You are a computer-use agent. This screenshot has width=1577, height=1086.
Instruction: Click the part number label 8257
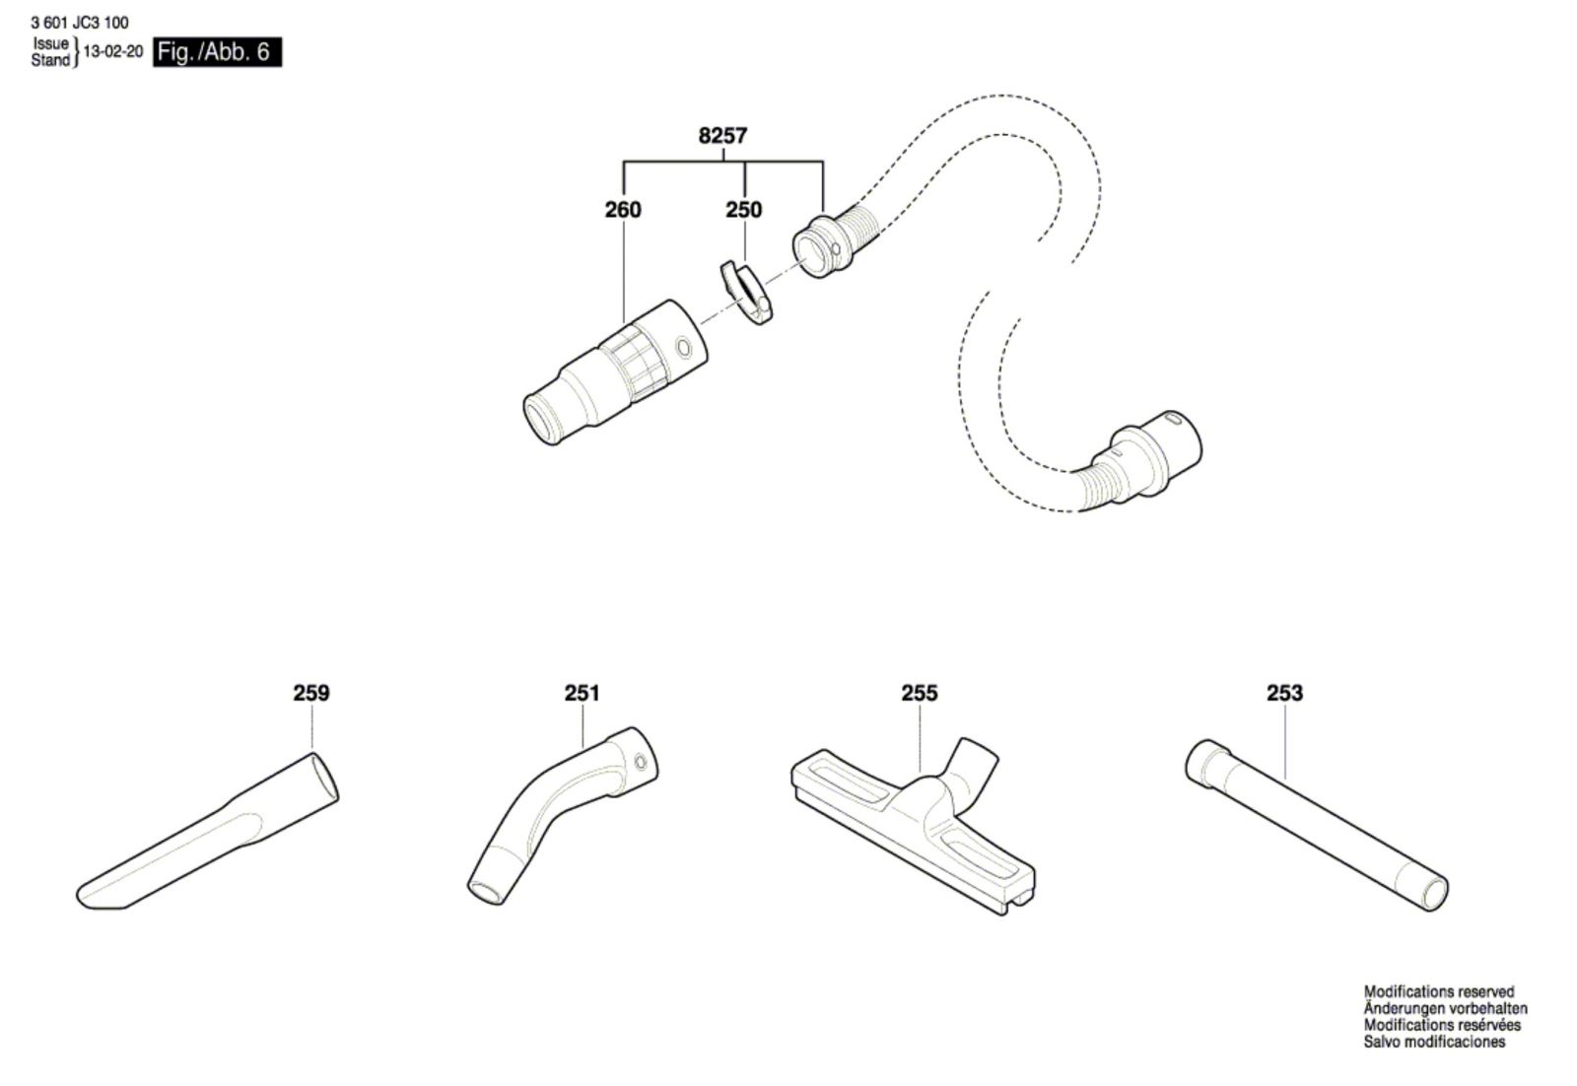pos(722,135)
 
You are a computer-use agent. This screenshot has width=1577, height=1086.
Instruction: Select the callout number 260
pos(623,210)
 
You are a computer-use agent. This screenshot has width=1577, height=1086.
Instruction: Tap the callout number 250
pos(744,210)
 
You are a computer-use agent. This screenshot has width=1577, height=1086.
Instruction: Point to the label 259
pos(311,693)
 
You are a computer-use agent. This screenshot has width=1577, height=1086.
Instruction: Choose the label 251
pos(583,693)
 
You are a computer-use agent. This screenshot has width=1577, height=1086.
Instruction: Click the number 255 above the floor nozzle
pos(920,693)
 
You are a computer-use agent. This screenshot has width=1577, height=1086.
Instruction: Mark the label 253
pos(1285,693)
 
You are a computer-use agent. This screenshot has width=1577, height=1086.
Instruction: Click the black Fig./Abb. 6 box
pos(218,52)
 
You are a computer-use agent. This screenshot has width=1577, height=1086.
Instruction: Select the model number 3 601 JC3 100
pos(80,24)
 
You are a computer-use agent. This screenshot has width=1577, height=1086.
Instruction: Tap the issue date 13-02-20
pos(112,51)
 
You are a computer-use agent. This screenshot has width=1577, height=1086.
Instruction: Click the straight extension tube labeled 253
pos(1317,825)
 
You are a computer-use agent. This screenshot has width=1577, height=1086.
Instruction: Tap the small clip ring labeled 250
pos(746,292)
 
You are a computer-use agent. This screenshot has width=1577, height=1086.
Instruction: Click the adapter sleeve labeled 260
pos(616,371)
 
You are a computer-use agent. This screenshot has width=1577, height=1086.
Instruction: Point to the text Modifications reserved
pos(1439,991)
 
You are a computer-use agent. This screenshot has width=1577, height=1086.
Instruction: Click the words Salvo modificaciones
pos(1434,1042)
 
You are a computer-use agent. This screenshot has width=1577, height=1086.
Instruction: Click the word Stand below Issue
pos(50,60)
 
